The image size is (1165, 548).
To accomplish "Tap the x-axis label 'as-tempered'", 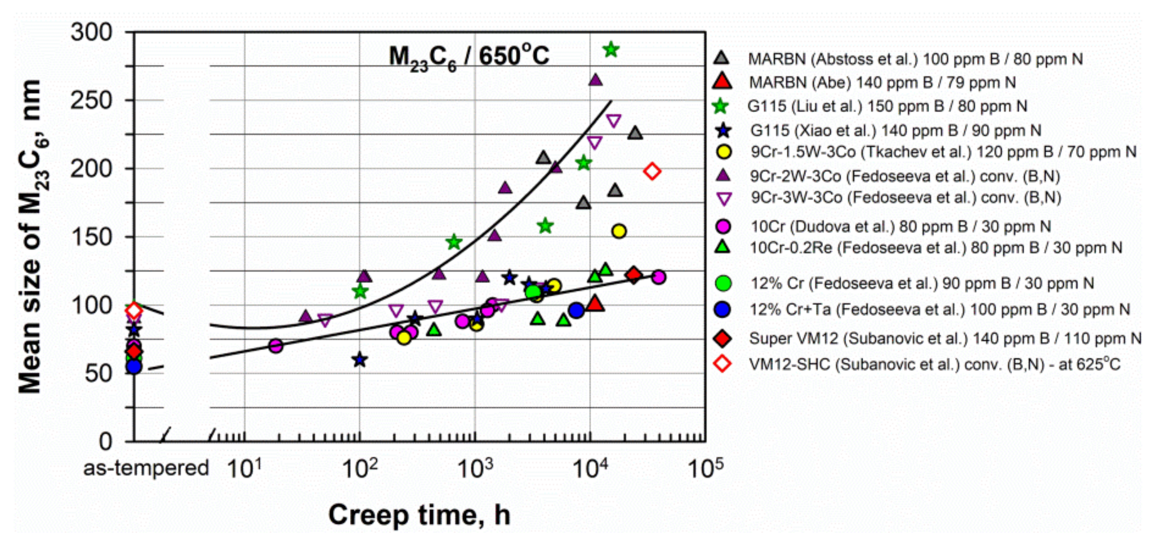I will coord(145,468).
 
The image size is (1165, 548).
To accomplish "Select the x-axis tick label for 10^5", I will coord(704,468).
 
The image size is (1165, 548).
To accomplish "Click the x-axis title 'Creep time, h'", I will coord(419,515).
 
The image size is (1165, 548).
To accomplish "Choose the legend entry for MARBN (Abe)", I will coord(882,82).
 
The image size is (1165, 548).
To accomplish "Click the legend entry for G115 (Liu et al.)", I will coord(887,107).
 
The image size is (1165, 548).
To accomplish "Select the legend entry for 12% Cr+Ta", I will coord(939,309).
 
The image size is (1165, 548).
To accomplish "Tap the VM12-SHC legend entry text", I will coord(935,364).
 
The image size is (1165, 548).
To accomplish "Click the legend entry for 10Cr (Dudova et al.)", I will coord(900,226).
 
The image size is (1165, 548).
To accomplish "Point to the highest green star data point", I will coord(611,50).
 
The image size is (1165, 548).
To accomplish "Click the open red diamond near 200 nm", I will coord(652,171).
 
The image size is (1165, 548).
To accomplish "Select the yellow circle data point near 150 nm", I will coord(619,231).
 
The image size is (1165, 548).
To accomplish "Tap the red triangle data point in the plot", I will coord(595,304).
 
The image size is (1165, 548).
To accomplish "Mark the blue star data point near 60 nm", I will coord(359,360).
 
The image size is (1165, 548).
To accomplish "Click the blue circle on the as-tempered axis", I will coord(134,366).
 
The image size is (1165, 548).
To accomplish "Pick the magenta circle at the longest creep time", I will coord(658,277).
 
